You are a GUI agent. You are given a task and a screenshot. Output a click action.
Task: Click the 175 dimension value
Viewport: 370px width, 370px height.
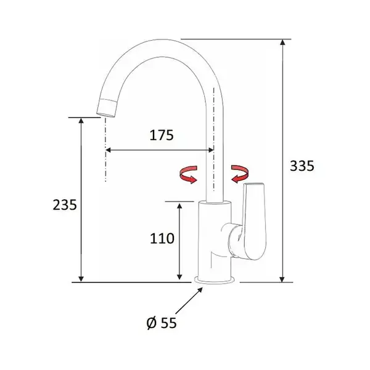[x=162, y=135]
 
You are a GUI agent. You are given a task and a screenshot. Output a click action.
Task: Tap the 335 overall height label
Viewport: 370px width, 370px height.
[x=302, y=166]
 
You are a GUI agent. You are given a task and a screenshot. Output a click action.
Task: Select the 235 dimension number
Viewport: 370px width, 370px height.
[x=65, y=205]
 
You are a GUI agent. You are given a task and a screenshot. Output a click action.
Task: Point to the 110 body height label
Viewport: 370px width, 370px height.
[x=162, y=238]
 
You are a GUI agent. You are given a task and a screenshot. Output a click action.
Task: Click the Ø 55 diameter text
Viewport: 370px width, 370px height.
[x=162, y=323]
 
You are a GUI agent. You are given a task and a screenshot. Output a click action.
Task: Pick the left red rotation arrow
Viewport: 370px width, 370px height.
[x=189, y=175]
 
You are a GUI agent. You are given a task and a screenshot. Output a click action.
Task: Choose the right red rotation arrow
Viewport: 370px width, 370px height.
[x=239, y=174]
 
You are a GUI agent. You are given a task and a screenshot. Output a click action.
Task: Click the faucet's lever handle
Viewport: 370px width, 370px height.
[x=254, y=221]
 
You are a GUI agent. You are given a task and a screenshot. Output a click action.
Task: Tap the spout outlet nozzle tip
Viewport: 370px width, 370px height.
[x=107, y=108]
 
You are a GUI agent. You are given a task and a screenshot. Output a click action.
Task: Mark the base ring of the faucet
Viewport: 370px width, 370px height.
[x=214, y=280]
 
